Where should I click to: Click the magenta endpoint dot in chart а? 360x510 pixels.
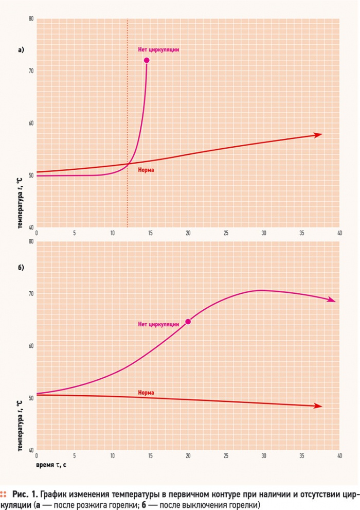[x=147, y=60]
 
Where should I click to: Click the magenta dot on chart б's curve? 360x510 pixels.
[x=188, y=322]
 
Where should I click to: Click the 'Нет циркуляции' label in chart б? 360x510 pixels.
[x=158, y=324]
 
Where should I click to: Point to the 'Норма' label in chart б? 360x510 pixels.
[x=146, y=393]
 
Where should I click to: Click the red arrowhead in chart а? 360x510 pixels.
[x=318, y=135]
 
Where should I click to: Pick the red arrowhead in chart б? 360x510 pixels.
[x=318, y=406]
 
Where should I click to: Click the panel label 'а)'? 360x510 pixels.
[x=21, y=50]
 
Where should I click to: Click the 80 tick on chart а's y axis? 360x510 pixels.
[x=31, y=19]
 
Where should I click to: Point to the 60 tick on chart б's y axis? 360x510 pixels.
[x=31, y=346]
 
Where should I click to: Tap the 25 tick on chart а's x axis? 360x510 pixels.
[x=226, y=233]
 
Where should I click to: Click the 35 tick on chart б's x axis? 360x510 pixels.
[x=302, y=455]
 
